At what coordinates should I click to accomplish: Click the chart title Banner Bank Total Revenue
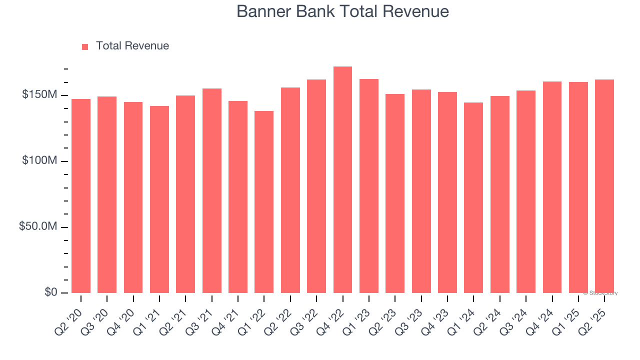(x=342, y=11)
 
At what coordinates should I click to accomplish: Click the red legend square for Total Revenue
(x=85, y=46)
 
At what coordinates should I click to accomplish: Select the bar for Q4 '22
(x=342, y=180)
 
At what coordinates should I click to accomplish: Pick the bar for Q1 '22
(x=264, y=202)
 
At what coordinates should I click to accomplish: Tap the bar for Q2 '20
(x=81, y=196)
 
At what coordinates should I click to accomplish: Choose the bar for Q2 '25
(x=604, y=186)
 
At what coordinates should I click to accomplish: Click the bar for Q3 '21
(x=212, y=190)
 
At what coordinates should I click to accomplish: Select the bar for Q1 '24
(x=473, y=197)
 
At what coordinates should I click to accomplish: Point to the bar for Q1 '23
(x=369, y=186)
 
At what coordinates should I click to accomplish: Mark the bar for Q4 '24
(x=552, y=187)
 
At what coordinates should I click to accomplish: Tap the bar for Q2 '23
(x=395, y=193)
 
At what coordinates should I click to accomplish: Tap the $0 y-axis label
(x=50, y=292)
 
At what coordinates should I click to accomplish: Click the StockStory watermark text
(x=600, y=293)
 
